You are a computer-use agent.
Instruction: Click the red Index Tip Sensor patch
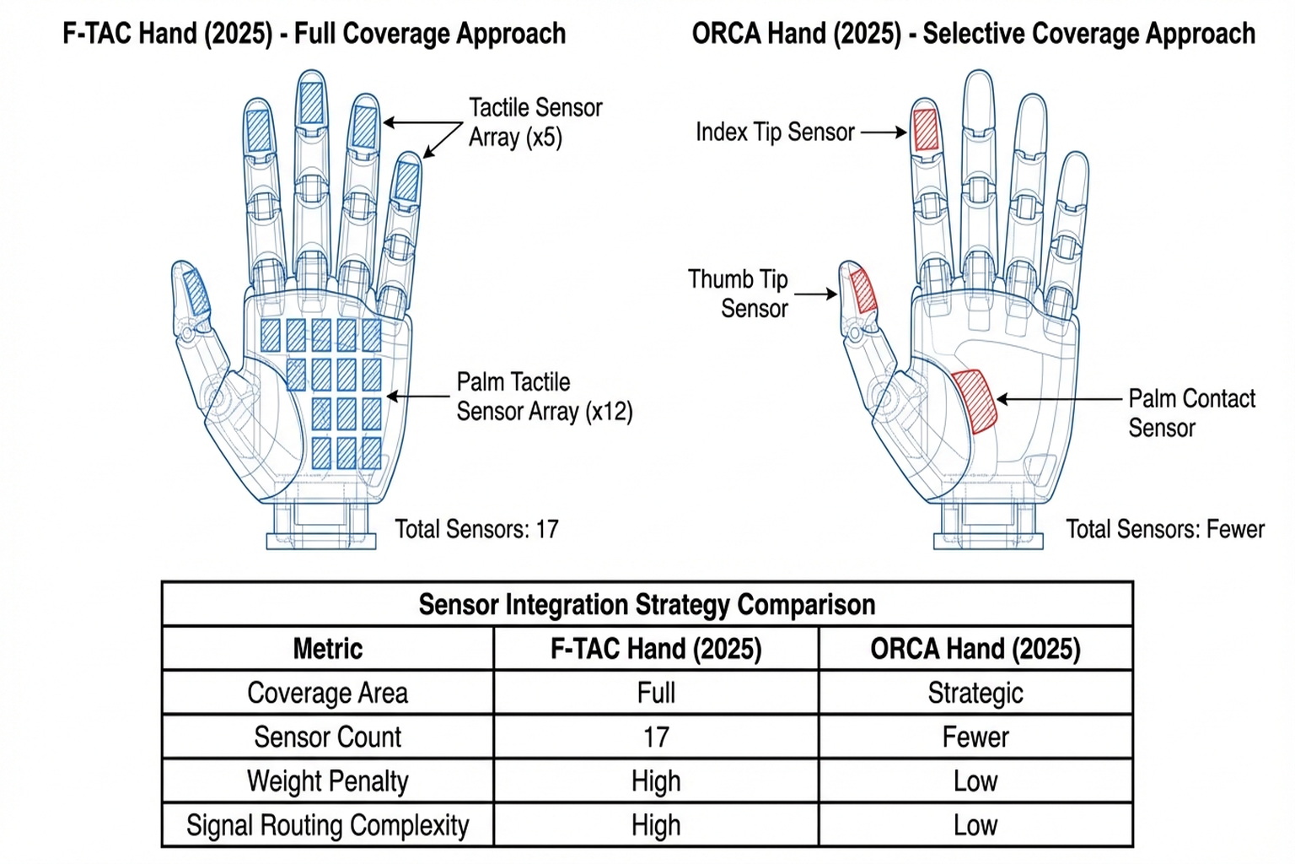[x=926, y=130]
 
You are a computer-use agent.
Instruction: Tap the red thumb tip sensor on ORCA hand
[x=862, y=289]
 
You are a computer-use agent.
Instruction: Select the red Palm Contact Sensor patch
[x=975, y=401]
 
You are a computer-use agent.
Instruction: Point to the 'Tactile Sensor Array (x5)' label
[x=535, y=122]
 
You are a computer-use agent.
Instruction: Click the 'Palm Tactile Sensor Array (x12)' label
[x=544, y=397]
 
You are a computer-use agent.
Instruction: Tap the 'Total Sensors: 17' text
[x=476, y=529]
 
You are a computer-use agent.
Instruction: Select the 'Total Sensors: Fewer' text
[x=1164, y=529]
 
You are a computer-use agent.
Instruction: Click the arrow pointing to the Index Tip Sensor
[x=883, y=132]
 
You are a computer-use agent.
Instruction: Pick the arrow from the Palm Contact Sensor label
[x=1059, y=399]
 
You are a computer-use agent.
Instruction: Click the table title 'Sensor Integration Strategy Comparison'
[x=647, y=604]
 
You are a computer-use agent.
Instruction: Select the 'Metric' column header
[x=327, y=649]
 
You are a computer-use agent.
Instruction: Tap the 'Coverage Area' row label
[x=327, y=693]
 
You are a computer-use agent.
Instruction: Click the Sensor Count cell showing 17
[x=656, y=737]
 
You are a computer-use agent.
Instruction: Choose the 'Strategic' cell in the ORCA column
[x=975, y=693]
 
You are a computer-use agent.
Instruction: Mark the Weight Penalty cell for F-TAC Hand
[x=656, y=781]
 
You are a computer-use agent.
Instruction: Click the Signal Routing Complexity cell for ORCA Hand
[x=975, y=825]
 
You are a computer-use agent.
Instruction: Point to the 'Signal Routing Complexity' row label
[x=327, y=825]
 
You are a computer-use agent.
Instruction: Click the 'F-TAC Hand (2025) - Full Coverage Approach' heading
[x=314, y=34]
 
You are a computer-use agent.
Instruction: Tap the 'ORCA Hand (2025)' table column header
[x=975, y=649]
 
